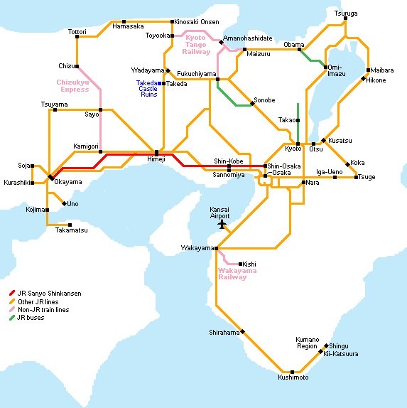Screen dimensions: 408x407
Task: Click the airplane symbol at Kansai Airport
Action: pyautogui.click(x=222, y=224)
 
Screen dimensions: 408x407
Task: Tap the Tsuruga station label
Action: pyautogui.click(x=346, y=14)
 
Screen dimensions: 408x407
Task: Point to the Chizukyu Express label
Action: pyautogui.click(x=73, y=86)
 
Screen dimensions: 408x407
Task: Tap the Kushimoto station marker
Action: pyautogui.click(x=292, y=371)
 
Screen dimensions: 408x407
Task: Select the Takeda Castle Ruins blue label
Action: pyautogui.click(x=148, y=89)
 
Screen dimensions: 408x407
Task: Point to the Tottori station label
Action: pyautogui.click(x=77, y=33)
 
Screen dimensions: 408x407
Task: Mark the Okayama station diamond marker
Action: pyautogui.click(x=50, y=176)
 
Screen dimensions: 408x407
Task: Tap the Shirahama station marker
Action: pyautogui.click(x=242, y=331)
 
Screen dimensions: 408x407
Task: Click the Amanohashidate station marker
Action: pyautogui.click(x=221, y=43)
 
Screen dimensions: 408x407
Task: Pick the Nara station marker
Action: pyautogui.click(x=303, y=183)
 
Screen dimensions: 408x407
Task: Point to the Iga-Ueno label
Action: pyautogui.click(x=330, y=172)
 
